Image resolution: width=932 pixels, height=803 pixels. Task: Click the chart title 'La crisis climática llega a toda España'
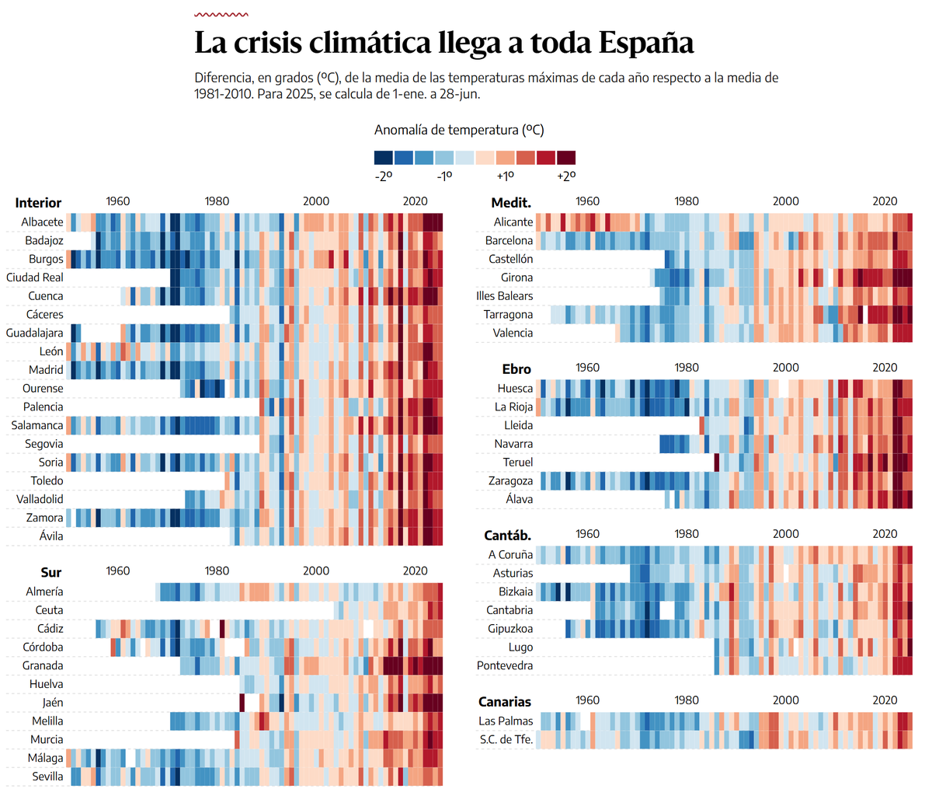click(443, 43)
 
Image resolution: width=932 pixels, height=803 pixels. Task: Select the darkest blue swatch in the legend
click(384, 158)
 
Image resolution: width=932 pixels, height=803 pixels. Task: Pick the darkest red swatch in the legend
click(565, 158)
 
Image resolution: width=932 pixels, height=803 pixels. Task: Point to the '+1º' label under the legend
click(506, 176)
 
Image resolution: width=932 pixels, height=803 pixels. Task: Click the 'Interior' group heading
click(38, 203)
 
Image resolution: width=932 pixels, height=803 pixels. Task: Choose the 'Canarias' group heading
click(505, 702)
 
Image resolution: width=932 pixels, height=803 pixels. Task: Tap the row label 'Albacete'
click(42, 222)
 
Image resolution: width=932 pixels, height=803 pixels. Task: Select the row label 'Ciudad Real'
click(35, 278)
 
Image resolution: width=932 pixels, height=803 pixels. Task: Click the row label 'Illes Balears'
click(504, 296)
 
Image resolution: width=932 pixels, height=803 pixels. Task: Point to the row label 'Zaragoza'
click(510, 481)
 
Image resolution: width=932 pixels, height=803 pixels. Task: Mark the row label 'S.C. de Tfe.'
click(506, 739)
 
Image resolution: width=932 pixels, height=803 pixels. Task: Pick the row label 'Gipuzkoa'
click(510, 629)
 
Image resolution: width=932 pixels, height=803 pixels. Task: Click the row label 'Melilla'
click(47, 721)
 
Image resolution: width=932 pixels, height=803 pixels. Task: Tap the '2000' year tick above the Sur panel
click(316, 571)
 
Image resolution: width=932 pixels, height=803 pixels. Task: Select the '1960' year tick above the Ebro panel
click(587, 368)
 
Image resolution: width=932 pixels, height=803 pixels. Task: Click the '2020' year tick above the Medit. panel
click(885, 201)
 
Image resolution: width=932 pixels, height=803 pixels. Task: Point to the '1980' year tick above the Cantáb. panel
click(687, 534)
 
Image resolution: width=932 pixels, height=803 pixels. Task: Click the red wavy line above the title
click(221, 14)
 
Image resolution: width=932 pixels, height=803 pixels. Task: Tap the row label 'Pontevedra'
click(505, 666)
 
